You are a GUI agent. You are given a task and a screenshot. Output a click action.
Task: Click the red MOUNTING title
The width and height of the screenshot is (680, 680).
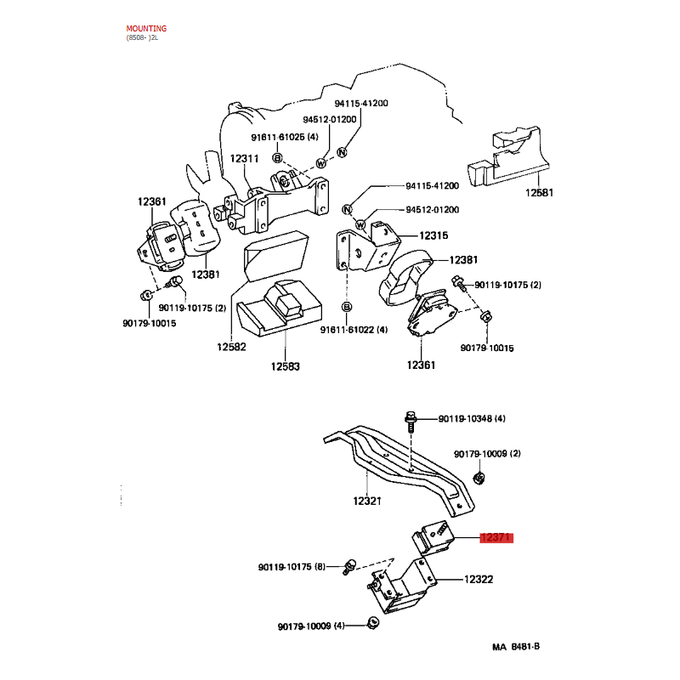146,29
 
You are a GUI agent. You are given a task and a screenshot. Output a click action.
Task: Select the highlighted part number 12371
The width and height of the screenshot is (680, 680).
496,538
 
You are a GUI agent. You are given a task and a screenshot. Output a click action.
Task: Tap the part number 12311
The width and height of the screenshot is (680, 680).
244,159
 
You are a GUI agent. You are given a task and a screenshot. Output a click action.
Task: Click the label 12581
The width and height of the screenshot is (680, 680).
539,193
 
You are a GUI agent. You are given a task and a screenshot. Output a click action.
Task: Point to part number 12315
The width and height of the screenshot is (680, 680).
433,235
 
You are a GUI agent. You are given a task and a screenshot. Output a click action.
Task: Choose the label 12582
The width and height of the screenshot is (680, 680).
231,347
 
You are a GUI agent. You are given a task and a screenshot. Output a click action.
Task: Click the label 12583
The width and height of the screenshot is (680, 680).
286,366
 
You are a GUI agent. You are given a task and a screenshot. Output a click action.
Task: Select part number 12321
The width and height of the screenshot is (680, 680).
367,501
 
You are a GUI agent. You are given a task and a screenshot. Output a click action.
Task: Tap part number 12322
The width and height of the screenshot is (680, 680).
479,580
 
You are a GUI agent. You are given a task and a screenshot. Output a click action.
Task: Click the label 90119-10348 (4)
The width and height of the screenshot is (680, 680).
472,418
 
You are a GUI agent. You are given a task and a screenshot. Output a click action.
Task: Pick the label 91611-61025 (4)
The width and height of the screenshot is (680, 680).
285,137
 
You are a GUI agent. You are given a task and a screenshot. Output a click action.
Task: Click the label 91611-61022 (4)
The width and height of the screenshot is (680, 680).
354,330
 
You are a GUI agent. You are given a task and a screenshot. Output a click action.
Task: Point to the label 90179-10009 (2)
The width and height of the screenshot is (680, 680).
487,454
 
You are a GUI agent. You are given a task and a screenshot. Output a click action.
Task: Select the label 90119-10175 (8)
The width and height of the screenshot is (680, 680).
292,567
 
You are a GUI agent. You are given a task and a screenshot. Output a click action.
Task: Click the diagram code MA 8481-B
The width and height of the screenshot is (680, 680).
516,647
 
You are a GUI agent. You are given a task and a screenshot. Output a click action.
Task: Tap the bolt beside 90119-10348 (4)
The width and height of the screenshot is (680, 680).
411,422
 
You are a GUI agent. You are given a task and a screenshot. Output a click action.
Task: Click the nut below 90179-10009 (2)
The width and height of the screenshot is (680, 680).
479,479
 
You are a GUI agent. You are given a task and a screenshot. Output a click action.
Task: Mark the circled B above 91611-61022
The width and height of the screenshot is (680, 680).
347,307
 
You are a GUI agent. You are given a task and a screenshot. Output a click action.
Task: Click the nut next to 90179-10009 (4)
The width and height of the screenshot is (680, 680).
372,623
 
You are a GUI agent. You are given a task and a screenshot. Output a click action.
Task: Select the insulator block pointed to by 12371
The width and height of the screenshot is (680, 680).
433,538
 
